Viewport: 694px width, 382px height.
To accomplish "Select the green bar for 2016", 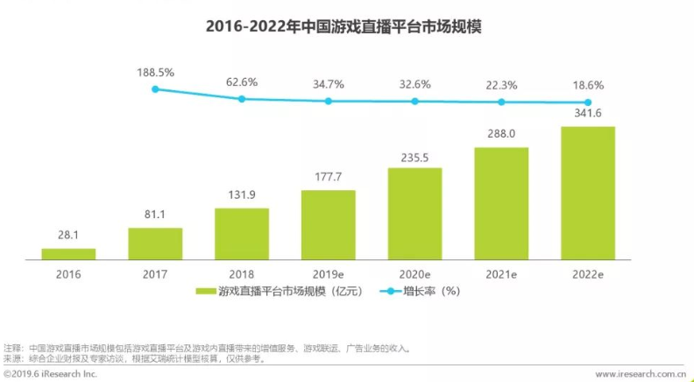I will [68, 254].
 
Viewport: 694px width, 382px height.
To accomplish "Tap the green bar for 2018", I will [241, 234].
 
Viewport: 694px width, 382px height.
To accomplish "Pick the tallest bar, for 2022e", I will [587, 194].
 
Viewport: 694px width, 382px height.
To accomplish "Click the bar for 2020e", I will [414, 214].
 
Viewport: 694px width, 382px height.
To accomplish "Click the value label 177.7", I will [328, 178].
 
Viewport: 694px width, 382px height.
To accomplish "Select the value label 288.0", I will [501, 136].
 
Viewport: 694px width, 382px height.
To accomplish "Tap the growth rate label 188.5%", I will [155, 72].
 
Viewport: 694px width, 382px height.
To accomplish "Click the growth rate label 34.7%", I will [329, 84].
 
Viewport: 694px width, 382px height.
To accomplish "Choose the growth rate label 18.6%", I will [588, 86].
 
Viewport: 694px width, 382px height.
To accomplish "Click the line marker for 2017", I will [155, 89].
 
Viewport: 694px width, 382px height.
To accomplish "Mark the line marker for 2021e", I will [501, 103].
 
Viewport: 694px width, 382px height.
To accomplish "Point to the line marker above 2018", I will [242, 99].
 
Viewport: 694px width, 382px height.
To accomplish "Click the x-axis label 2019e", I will [329, 274].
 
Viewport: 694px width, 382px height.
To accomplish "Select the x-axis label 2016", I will [68, 274].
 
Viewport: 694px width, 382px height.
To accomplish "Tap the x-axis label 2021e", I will [501, 274].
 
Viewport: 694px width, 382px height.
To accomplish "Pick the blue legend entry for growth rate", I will [416, 291].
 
